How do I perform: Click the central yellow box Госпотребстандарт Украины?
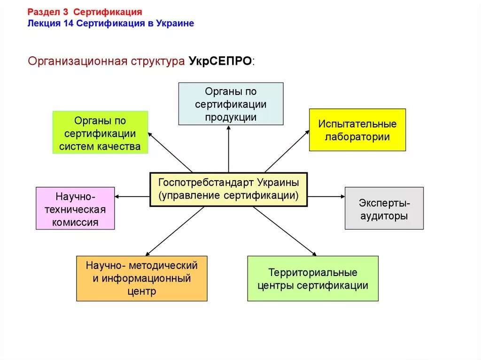[x=228, y=189]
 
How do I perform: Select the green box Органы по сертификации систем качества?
[x=100, y=132]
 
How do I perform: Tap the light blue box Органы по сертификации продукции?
[x=231, y=104]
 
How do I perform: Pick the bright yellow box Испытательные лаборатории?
[x=357, y=130]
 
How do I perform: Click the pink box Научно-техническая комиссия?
[x=75, y=208]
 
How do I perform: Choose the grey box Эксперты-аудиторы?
[x=384, y=208]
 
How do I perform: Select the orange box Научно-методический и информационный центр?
[x=141, y=278]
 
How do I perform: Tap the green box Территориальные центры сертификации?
[x=312, y=278]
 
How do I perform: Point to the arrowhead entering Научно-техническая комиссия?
[x=117, y=196]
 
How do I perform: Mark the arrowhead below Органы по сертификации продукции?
[x=229, y=128]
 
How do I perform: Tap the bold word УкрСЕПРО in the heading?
[x=220, y=61]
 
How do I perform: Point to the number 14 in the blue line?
[x=67, y=23]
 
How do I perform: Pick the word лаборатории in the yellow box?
[x=357, y=137]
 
